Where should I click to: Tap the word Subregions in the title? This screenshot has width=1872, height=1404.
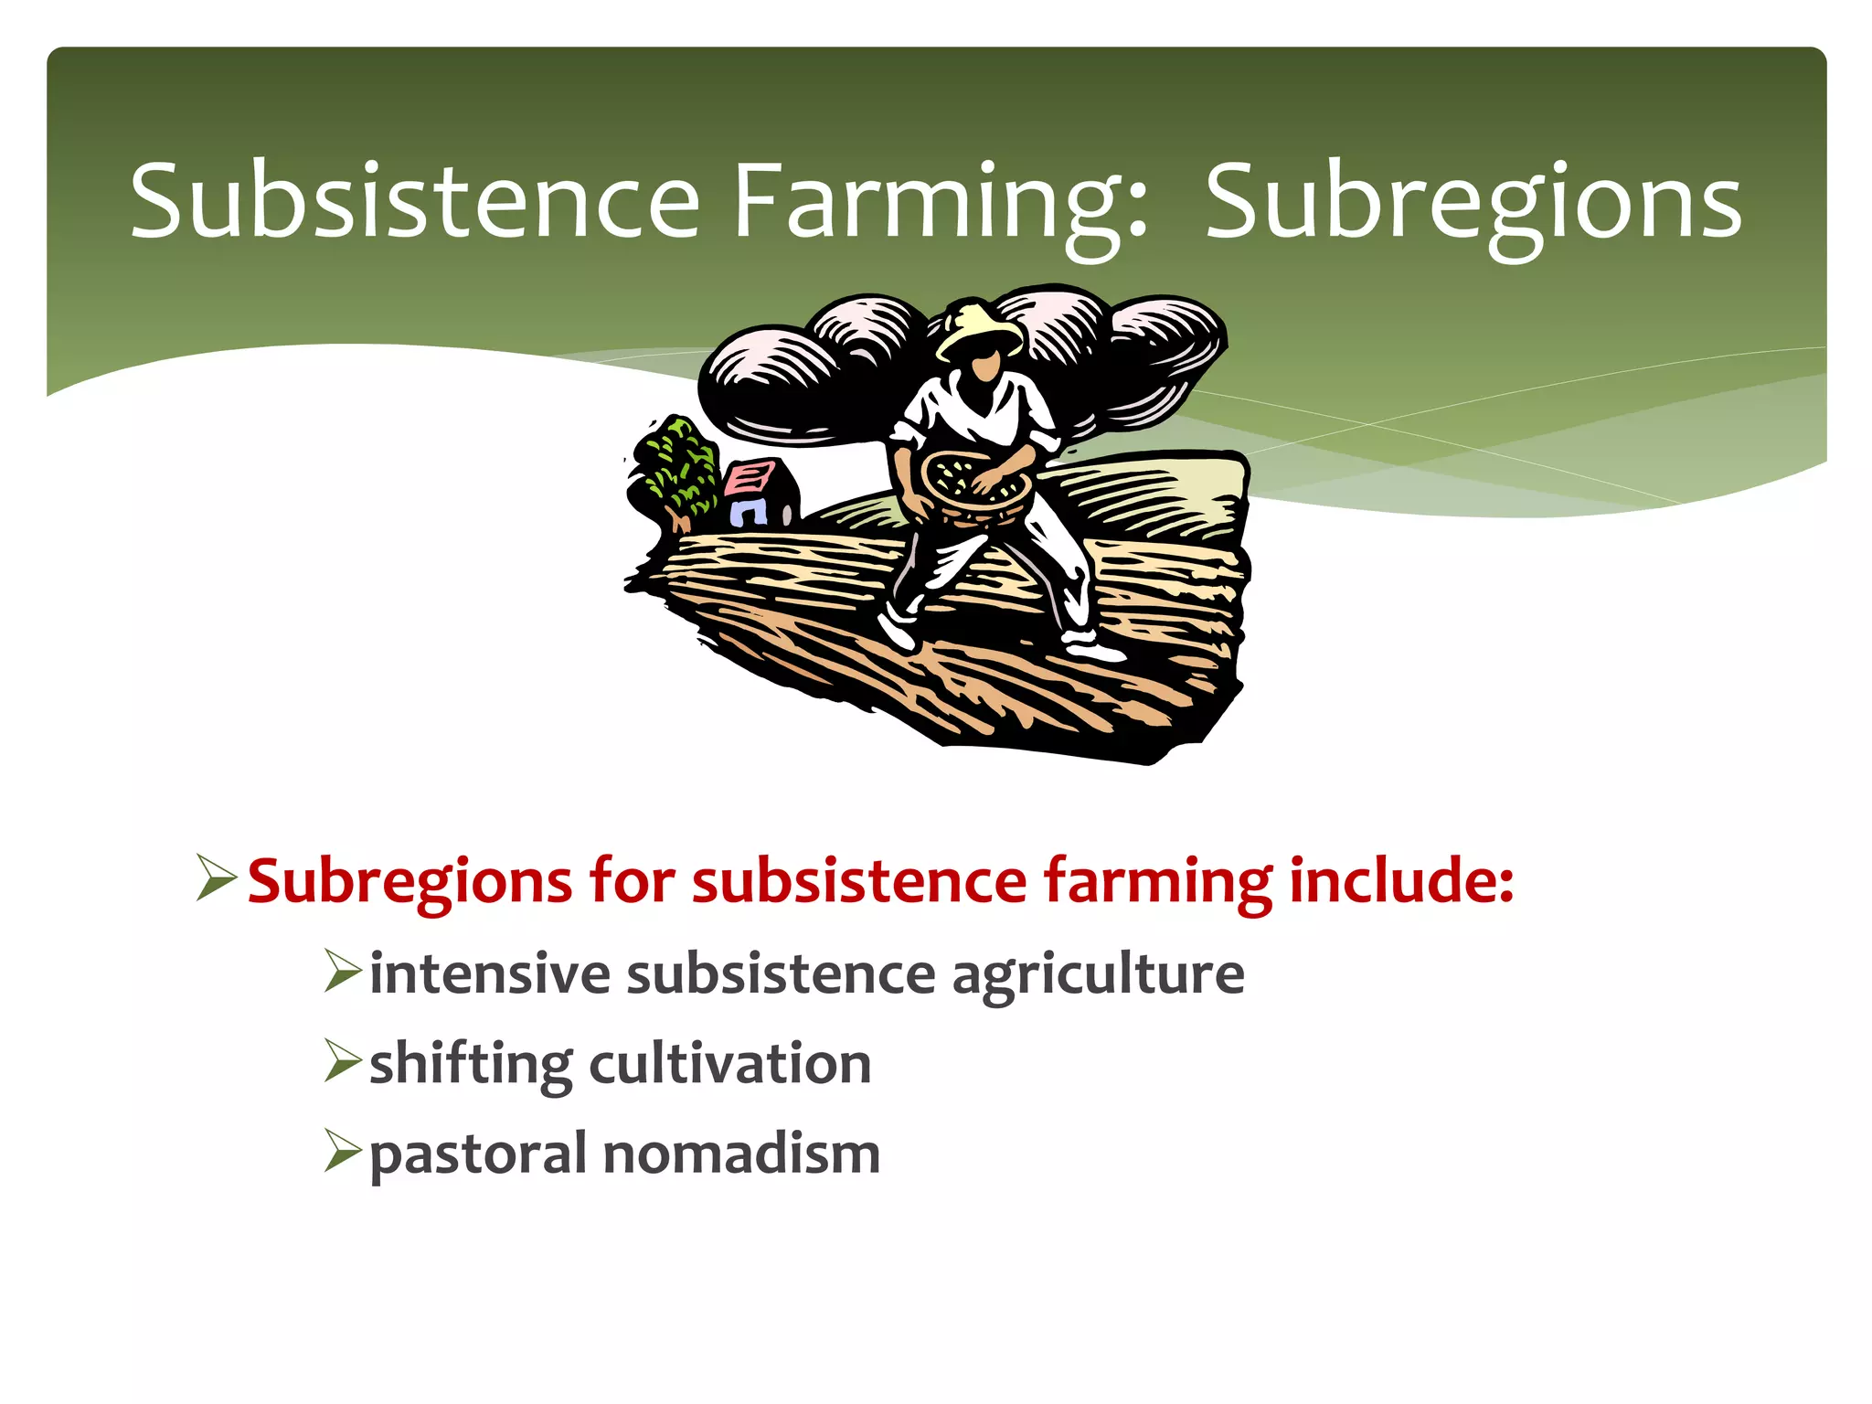[x=1473, y=203]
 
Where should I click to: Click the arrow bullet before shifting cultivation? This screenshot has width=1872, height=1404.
[x=344, y=1062]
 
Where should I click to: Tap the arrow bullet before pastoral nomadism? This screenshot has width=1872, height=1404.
[x=344, y=1152]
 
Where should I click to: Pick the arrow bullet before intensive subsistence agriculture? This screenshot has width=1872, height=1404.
[x=344, y=971]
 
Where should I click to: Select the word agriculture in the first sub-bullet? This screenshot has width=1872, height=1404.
[x=1097, y=974]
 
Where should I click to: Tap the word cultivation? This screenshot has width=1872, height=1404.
[x=730, y=1064]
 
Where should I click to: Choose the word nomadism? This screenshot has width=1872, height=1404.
[x=741, y=1154]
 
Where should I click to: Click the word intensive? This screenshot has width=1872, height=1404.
[x=489, y=973]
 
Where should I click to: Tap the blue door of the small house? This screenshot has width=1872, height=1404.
[x=748, y=511]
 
